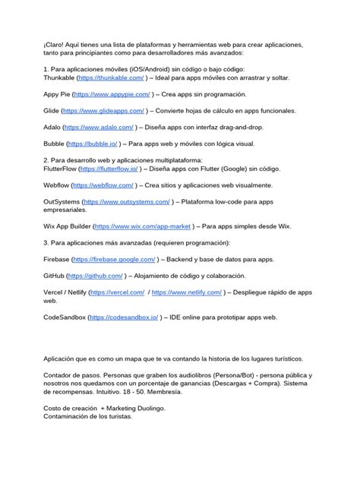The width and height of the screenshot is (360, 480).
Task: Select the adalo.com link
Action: point(99,128)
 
